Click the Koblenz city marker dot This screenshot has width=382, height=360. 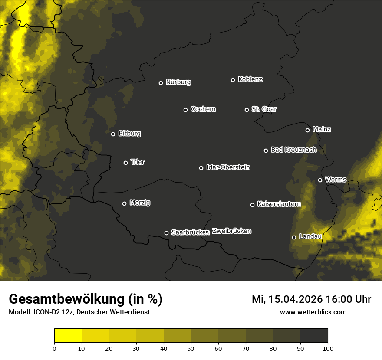(233, 80)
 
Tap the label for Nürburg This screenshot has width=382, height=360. (178, 82)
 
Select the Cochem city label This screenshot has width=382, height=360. (203, 109)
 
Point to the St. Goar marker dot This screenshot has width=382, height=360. (247, 110)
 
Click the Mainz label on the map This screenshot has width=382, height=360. (322, 129)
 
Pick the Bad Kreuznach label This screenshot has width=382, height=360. (293, 150)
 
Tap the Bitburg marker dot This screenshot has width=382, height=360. (113, 134)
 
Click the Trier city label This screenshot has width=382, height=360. (138, 162)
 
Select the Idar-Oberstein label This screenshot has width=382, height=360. (228, 167)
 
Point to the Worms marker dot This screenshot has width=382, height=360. (320, 180)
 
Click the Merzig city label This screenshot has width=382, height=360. (140, 203)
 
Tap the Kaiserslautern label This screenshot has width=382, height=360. (279, 204)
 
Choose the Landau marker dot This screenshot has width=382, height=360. (294, 237)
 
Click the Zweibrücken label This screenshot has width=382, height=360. (231, 231)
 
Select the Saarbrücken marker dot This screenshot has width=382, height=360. (166, 233)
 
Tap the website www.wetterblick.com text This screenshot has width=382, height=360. (313, 312)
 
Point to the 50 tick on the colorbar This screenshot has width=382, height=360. (191, 348)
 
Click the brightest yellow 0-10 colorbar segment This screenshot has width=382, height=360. (68, 336)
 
